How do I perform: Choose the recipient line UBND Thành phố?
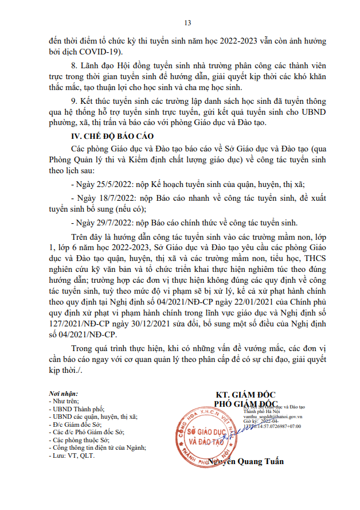[x=73, y=410]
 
